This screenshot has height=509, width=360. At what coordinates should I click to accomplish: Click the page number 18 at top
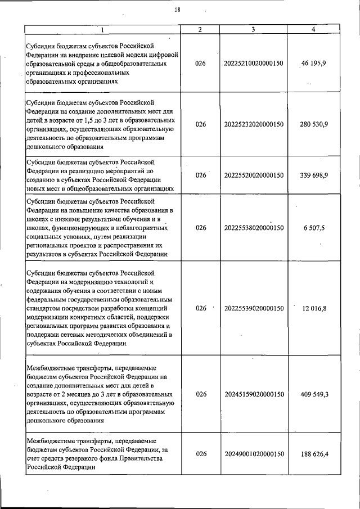pos(178,9)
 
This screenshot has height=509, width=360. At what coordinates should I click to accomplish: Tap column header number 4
pos(313,29)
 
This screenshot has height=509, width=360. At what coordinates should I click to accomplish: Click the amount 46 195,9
pos(313,64)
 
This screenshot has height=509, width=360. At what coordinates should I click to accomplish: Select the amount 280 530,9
pos(314,123)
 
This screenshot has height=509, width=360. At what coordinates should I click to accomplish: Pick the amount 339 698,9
pos(314,175)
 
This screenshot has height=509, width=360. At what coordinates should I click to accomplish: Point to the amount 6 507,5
pos(314,228)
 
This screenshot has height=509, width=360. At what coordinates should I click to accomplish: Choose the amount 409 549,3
pos(314,394)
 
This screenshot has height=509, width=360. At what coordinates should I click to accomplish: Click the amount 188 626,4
pos(314,454)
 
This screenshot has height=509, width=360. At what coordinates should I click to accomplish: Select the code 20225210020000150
pos(253,64)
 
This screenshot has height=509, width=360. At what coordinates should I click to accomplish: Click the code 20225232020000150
pos(253,123)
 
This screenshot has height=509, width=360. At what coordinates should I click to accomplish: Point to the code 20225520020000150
pos(253,175)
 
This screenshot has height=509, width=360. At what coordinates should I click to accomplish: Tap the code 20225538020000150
pos(253,228)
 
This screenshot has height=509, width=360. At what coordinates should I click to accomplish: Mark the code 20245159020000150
pos(253,394)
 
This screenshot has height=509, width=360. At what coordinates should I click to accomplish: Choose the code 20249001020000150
pos(253,454)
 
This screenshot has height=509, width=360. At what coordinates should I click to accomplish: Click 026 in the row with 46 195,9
pos(201,64)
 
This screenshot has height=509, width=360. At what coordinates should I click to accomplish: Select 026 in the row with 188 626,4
pos(201,454)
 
